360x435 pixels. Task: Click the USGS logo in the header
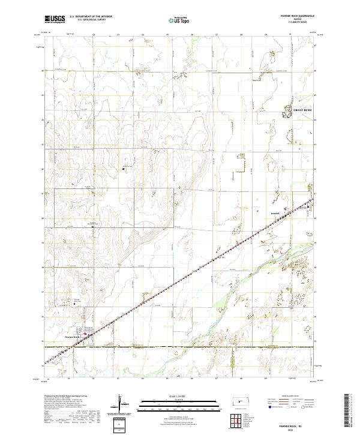[x=55, y=20]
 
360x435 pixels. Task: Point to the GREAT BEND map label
[x=302, y=110]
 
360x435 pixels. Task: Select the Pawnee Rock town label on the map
[x=73, y=337]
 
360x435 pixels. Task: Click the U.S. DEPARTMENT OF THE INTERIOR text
[x=91, y=17]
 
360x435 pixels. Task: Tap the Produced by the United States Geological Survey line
[x=66, y=397]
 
